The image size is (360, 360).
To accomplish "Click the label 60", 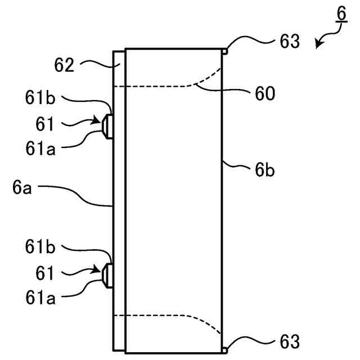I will (x=263, y=93).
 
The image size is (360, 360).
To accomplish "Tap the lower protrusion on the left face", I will (x=107, y=273).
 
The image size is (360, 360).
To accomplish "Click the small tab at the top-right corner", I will (x=225, y=51).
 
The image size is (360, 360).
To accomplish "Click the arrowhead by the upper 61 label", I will (x=97, y=121).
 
